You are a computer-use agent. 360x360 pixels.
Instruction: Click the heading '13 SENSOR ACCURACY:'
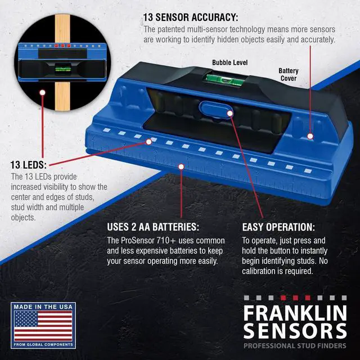[191, 17]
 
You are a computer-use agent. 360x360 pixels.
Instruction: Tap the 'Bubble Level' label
[229, 62]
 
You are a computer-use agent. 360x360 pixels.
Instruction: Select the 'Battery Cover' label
[288, 75]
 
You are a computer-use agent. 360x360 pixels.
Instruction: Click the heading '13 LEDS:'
[29, 165]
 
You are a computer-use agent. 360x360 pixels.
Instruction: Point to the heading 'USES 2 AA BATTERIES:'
[153, 227]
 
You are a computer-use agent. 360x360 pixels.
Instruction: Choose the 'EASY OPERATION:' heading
[278, 227]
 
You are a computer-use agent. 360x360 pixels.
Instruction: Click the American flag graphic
[43, 326]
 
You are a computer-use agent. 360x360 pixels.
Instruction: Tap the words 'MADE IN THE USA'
[43, 307]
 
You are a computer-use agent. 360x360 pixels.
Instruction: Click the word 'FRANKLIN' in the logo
[295, 311]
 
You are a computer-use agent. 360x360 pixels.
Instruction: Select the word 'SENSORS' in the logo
[295, 329]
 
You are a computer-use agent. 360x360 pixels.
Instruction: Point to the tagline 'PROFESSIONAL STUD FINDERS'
[295, 345]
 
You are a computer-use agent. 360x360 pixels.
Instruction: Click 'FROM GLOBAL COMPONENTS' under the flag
[43, 344]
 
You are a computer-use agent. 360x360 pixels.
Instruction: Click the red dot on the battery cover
[310, 136]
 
